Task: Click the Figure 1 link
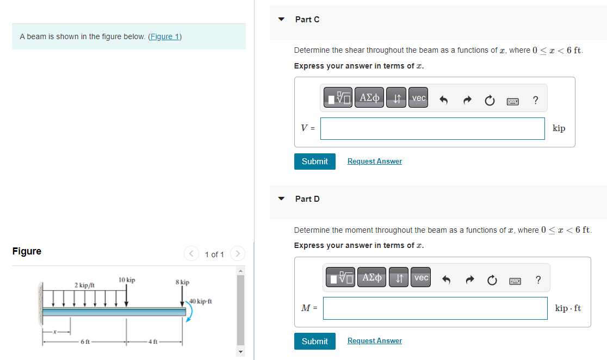[x=165, y=36]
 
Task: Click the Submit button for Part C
[x=314, y=162]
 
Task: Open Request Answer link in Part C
[x=374, y=162]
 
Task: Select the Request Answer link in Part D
[x=374, y=341]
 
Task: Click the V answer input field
[x=432, y=128]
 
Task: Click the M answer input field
[x=435, y=308]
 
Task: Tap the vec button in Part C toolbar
[x=418, y=98]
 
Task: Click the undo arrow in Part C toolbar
[x=443, y=100]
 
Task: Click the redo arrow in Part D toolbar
[x=469, y=280]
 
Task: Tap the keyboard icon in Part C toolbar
[x=512, y=101]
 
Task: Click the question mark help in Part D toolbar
[x=538, y=280]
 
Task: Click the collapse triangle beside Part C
[x=281, y=20]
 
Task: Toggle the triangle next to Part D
[x=281, y=199]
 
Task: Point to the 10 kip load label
[x=127, y=280]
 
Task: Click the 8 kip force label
[x=182, y=282]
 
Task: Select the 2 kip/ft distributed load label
[x=85, y=285]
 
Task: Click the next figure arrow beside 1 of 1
[x=237, y=254]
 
